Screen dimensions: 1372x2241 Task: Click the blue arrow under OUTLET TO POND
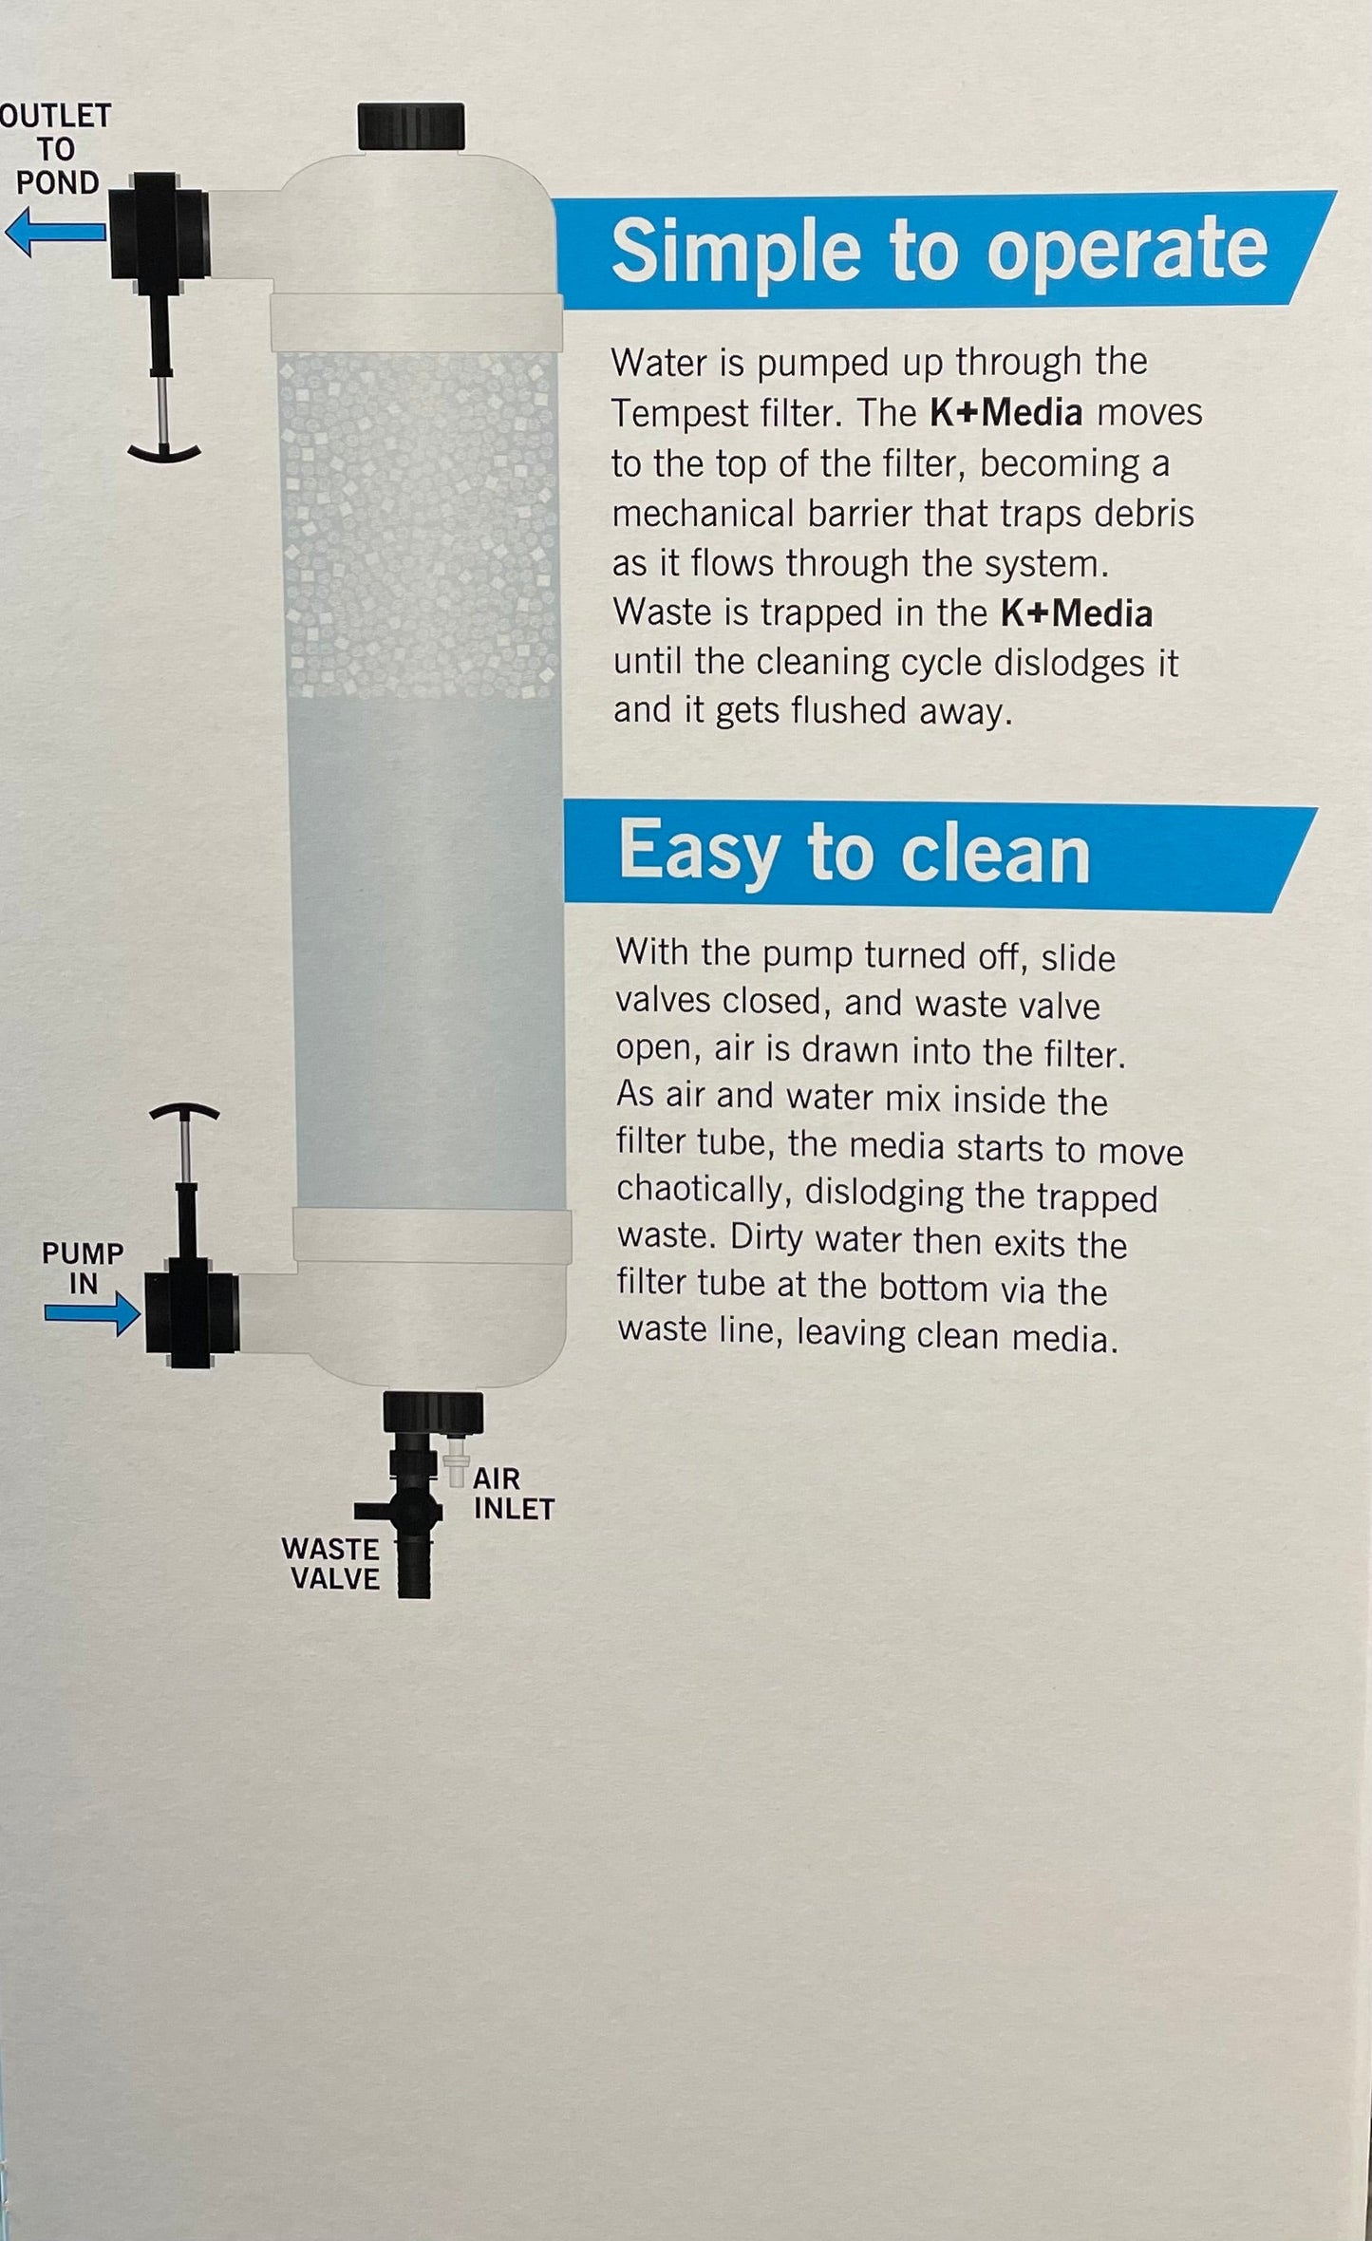click(x=55, y=234)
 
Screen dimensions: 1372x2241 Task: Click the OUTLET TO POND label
click(x=56, y=149)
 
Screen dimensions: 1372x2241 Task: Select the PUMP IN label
click(x=83, y=1268)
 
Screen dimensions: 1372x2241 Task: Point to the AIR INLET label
click(x=513, y=1493)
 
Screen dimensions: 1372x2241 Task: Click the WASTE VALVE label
click(x=330, y=1563)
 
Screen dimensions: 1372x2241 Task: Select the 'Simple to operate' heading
click(x=939, y=250)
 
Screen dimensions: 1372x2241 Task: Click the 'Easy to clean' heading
click(x=854, y=852)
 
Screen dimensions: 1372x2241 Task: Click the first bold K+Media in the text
click(x=1006, y=412)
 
